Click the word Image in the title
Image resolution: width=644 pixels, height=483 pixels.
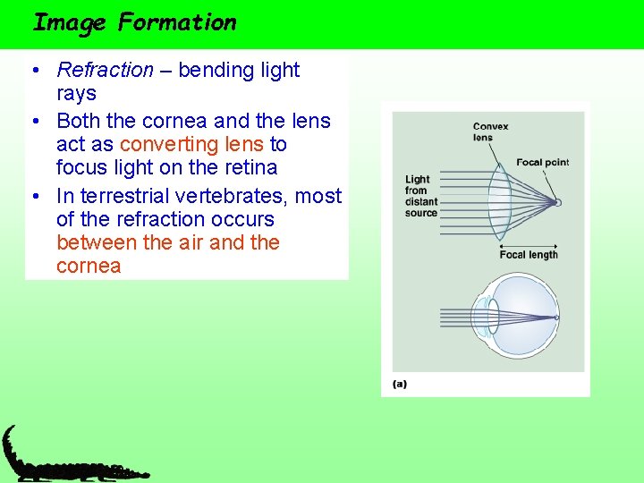coord(69,22)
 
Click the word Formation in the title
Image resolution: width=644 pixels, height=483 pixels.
coord(177,22)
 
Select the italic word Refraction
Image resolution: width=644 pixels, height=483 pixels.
coord(105,70)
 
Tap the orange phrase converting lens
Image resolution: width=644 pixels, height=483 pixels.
coord(191,144)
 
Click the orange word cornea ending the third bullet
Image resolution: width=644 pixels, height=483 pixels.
coord(88,267)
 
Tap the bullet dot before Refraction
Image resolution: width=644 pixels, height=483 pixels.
coord(32,71)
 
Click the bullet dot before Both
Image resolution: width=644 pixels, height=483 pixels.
coord(32,122)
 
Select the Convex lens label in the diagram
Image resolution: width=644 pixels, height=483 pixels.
coord(490,131)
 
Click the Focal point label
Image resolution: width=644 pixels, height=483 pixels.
coord(542,163)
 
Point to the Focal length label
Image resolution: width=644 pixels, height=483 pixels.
coord(528,255)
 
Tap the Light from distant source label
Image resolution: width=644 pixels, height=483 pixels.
coord(421,196)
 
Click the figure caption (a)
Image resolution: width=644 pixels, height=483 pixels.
coord(400,384)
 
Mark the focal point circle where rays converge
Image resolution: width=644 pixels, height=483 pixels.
coord(557,203)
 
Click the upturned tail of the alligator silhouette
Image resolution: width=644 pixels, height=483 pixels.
coord(8,438)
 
